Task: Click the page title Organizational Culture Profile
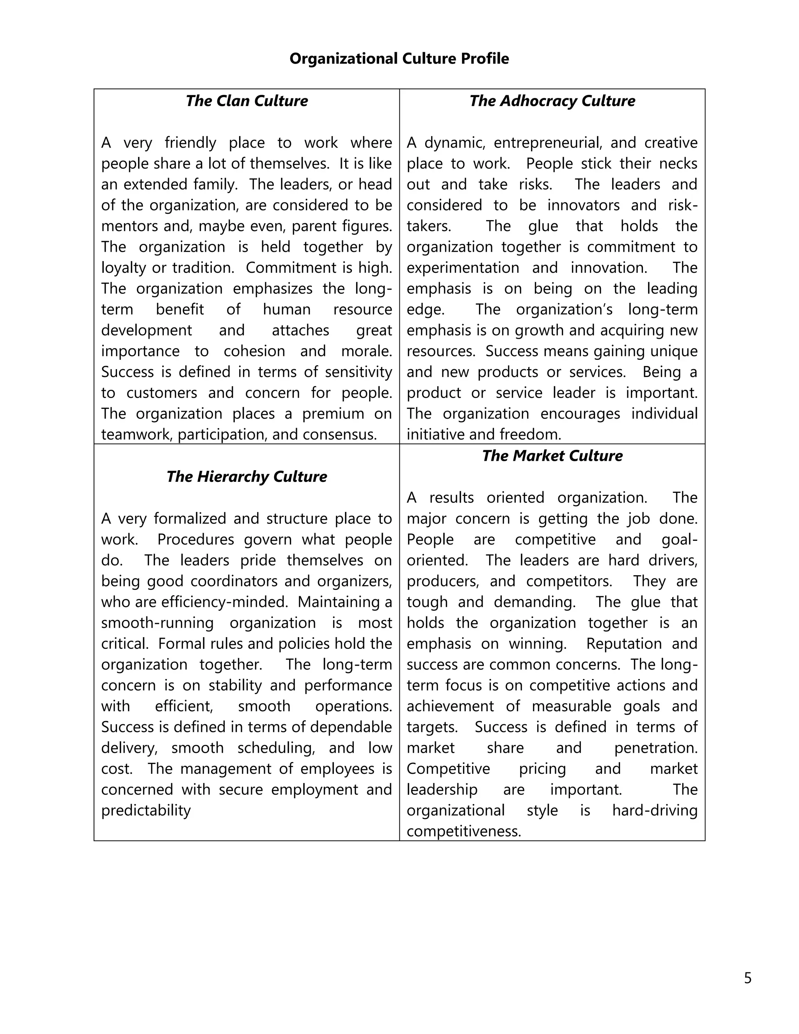399,59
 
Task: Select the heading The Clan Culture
247,101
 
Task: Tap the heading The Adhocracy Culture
552,101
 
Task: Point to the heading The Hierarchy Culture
247,477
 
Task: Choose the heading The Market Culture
552,456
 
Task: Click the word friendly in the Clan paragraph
190,142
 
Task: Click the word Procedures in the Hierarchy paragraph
195,540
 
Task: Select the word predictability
146,810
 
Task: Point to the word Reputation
623,644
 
